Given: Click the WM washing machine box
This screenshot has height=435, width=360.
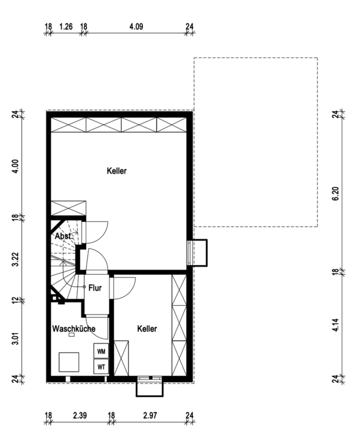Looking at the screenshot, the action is point(101,351).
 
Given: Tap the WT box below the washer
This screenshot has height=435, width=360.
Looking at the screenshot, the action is point(101,366).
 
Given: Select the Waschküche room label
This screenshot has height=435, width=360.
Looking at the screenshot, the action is point(74,329).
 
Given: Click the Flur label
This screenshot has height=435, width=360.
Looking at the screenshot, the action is point(95,288).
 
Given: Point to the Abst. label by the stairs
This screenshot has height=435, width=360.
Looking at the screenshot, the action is point(63,236).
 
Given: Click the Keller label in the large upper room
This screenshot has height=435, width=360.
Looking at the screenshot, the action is point(117,171).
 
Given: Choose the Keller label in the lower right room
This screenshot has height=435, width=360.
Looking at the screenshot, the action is point(147,329).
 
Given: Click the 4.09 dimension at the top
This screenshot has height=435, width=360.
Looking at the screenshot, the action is point(136,27).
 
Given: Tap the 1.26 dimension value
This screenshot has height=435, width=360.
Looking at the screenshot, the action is point(66,27).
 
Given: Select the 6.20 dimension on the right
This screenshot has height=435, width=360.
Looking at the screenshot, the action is point(336,194).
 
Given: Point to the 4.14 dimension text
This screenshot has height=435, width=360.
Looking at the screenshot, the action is point(336,325).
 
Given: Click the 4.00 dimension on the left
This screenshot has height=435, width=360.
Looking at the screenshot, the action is point(15,167).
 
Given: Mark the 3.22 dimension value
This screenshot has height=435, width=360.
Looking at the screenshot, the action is point(15,259).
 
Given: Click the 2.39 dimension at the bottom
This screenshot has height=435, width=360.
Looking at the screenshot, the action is point(80,416).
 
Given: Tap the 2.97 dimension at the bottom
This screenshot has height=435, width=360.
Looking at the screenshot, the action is point(150,416).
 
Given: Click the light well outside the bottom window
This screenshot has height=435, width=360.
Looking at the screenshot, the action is point(150,396).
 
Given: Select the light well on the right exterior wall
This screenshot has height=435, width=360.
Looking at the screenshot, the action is point(206,253).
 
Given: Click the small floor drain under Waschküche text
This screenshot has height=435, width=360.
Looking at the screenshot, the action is point(71,335).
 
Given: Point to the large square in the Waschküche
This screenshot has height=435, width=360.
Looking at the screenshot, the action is point(69,362).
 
